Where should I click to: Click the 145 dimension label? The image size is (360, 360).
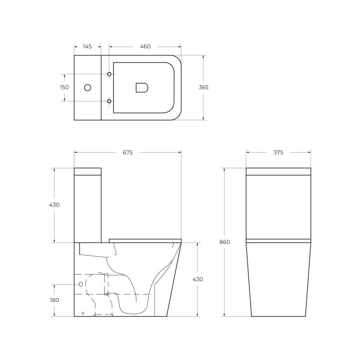tap(87, 46)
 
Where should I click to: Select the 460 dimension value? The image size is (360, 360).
tap(145, 46)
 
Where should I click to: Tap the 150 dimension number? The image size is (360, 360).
tap(64, 87)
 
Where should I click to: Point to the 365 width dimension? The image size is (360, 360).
tap(203, 87)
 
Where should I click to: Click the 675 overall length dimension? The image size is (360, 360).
tap(127, 153)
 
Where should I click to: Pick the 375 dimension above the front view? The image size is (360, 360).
tap(278, 153)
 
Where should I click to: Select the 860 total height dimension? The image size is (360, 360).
tap(225, 242)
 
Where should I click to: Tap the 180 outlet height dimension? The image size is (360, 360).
tap(54, 300)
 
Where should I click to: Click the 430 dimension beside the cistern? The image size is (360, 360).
tap(54, 205)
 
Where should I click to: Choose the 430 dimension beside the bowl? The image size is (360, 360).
tap(198, 279)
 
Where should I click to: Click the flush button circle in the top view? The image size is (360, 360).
tap(88, 87)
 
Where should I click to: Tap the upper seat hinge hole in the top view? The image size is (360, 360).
tap(109, 74)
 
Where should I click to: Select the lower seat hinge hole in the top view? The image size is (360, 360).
tap(109, 101)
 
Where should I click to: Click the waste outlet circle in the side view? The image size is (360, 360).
tap(81, 284)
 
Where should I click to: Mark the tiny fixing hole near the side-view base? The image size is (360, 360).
tap(82, 313)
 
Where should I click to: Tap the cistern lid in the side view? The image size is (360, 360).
tap(88, 171)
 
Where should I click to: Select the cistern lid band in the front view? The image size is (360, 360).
tap(278, 171)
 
